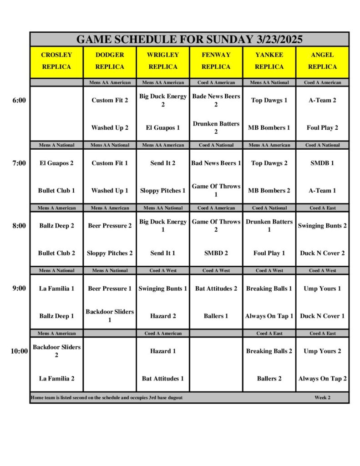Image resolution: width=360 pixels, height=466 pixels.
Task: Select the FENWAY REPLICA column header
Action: pos(216,61)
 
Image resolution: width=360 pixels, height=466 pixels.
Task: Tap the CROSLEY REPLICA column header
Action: pos(56,61)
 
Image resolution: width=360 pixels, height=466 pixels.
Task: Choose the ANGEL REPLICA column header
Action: pos(322,61)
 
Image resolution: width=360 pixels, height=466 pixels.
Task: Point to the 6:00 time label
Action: pos(19,100)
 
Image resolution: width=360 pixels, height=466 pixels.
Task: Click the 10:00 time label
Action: pos(19,351)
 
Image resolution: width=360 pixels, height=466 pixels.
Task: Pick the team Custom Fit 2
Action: pos(110,100)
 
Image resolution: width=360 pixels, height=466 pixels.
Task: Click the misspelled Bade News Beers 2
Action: pos(216,100)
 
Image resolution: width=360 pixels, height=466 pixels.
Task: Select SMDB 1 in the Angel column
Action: pos(322,163)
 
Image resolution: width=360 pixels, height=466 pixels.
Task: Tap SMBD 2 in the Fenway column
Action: pos(216,253)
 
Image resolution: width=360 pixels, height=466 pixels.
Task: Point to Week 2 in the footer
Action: pos(322,397)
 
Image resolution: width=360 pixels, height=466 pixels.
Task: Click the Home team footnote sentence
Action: pos(106,397)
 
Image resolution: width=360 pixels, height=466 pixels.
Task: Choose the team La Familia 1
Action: pos(56,289)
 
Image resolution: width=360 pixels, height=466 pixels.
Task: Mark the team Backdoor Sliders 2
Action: pos(56,351)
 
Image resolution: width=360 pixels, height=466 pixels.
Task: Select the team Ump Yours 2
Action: pos(322,351)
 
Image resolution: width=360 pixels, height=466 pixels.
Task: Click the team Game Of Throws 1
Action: pos(216,190)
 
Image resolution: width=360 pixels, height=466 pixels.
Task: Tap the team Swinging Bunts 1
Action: pos(163,289)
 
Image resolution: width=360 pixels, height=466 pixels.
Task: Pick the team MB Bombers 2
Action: pos(269,190)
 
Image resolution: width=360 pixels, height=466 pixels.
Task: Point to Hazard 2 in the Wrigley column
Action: pos(163,316)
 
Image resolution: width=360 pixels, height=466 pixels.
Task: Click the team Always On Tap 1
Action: pos(269,316)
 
